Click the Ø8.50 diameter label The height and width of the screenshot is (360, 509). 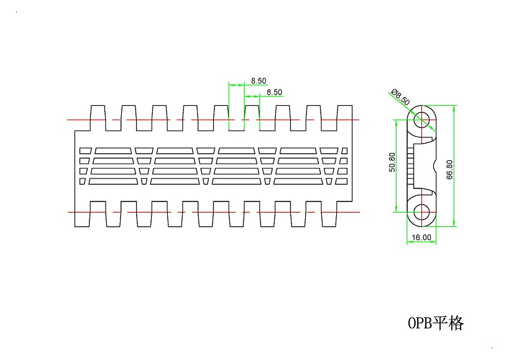[401, 97]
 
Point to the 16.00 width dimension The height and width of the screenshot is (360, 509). [421, 237]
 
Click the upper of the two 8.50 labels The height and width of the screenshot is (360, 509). [259, 81]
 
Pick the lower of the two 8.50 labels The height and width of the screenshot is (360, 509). [274, 92]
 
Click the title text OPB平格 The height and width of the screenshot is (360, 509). [436, 323]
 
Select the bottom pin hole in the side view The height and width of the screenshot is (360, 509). [421, 211]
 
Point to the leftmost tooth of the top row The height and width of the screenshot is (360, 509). [98, 118]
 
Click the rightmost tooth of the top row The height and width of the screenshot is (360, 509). [344, 118]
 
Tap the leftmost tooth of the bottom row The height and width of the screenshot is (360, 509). [98, 213]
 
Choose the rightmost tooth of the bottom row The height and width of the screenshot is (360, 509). [344, 213]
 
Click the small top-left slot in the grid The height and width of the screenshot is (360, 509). [86, 150]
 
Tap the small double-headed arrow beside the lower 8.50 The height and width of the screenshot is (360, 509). [251, 96]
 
